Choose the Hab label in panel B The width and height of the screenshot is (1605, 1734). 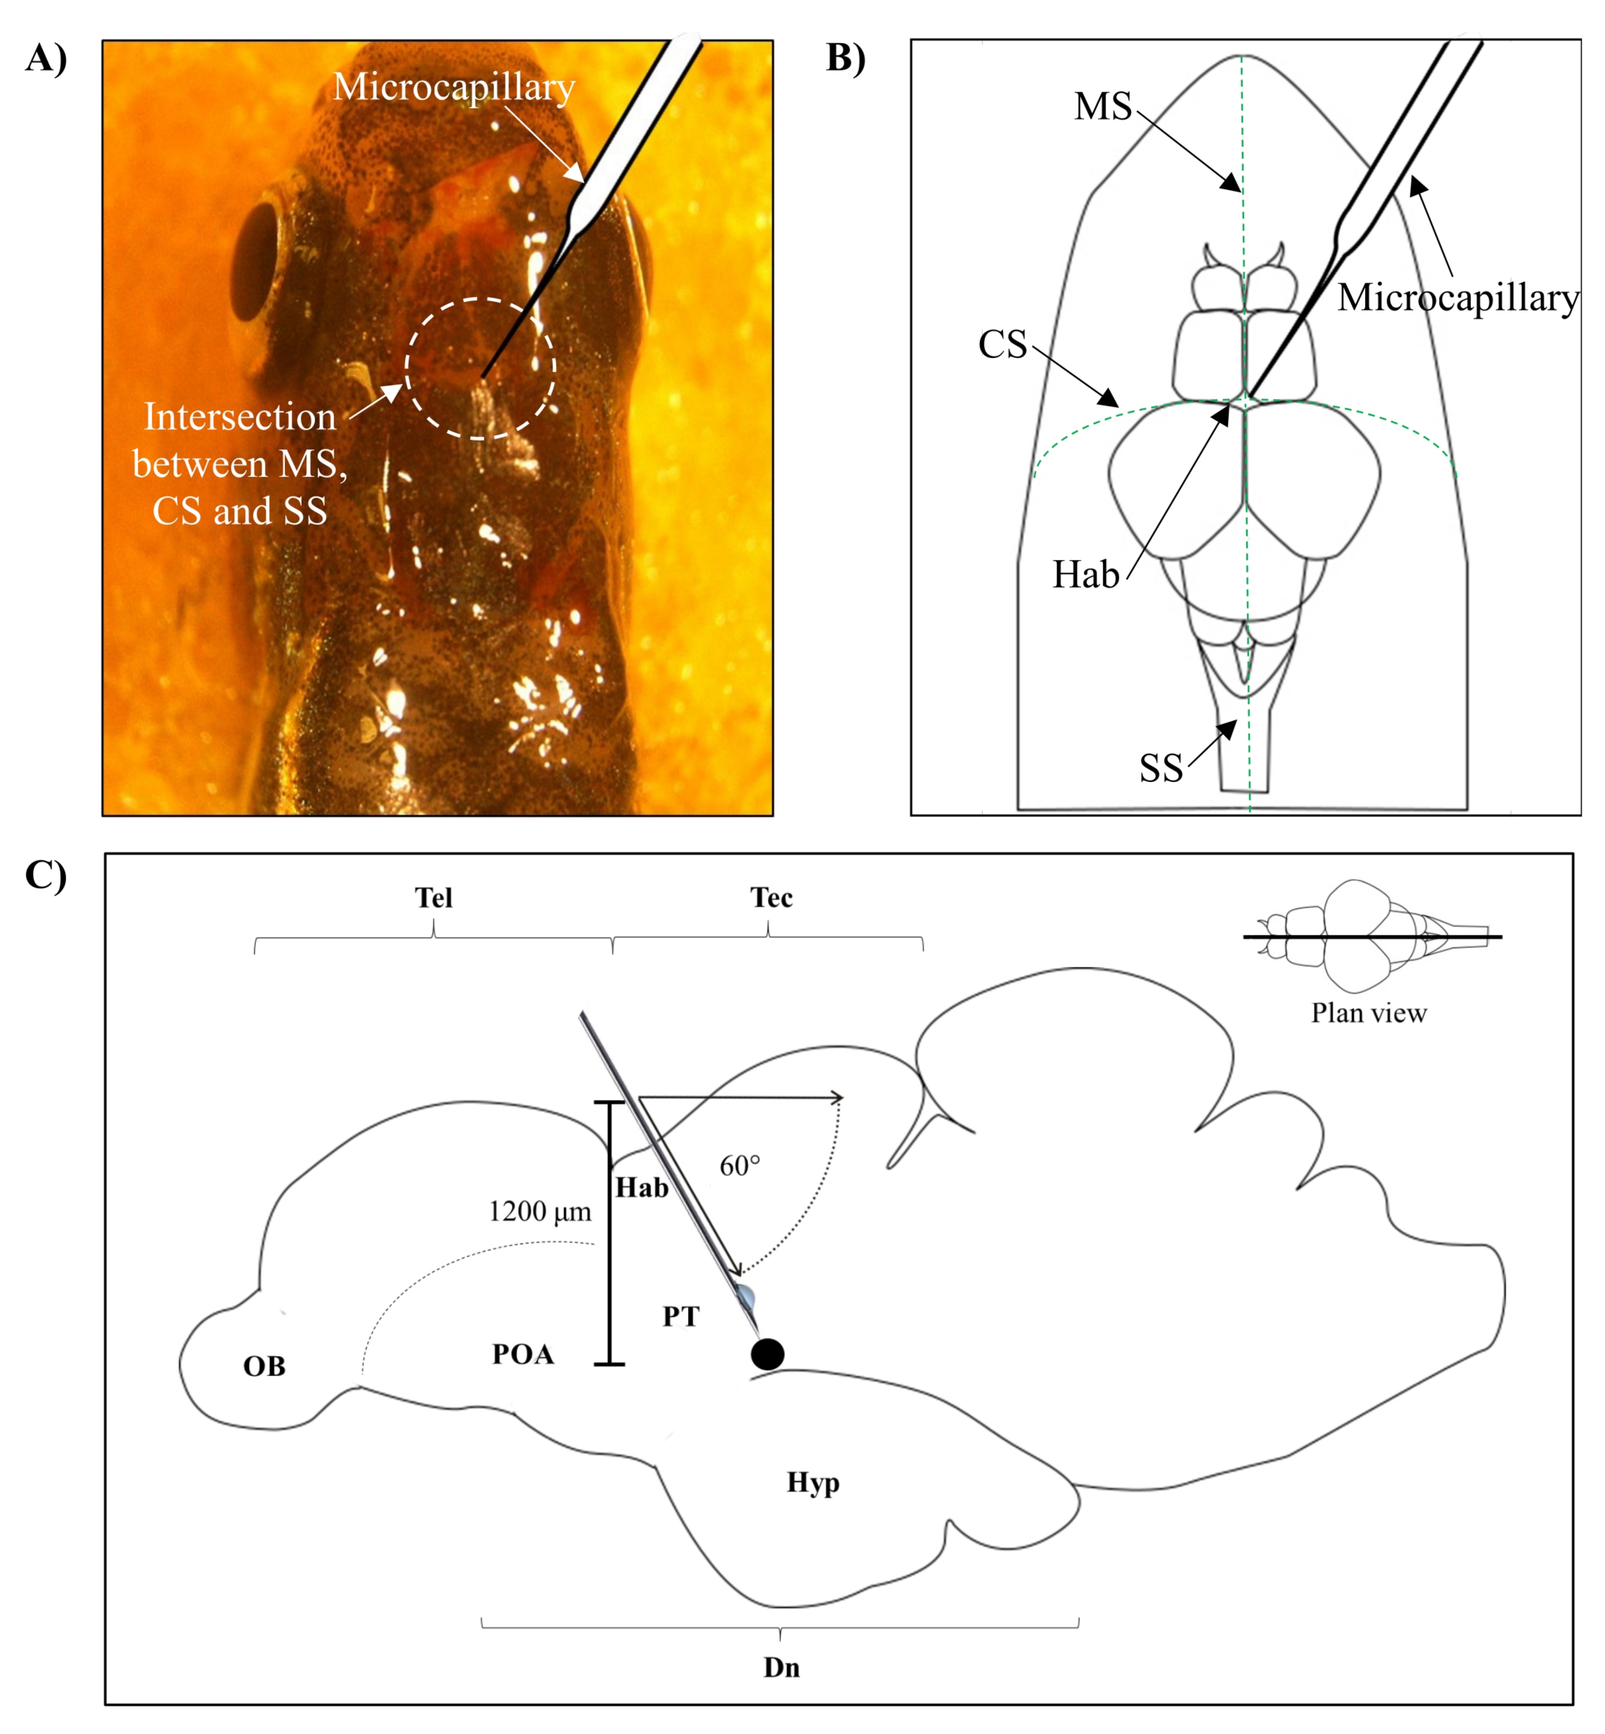[1086, 575]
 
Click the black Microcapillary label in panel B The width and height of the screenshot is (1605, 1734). [1457, 298]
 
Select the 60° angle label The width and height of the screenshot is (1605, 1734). [740, 1166]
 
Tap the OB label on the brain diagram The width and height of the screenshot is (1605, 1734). [264, 1366]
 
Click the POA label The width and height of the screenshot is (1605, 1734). [523, 1354]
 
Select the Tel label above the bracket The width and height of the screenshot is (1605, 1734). [434, 897]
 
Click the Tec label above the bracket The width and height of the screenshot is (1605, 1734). [771, 897]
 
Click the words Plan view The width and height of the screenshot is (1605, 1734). [1369, 1013]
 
